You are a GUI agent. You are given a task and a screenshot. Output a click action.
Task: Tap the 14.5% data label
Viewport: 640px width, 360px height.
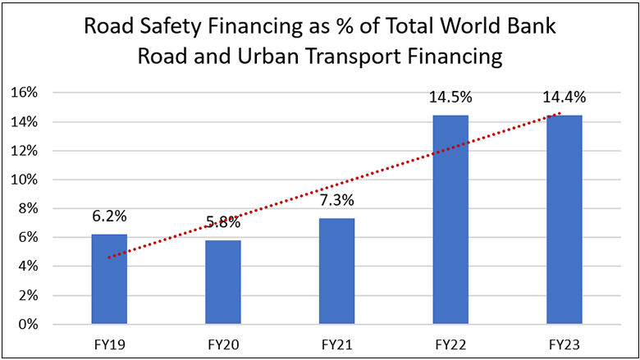(450, 98)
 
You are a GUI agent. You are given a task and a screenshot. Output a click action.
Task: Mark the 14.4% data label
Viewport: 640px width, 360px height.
(564, 98)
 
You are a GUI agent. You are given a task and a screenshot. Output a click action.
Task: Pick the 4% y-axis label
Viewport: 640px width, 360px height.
(29, 267)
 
